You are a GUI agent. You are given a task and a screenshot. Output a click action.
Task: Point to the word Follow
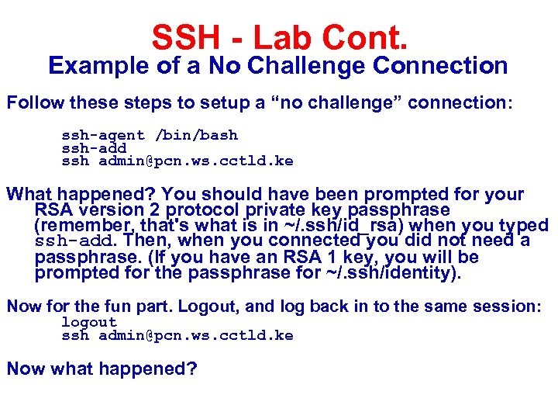click(35, 102)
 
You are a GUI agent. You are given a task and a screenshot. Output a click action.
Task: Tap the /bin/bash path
click(197, 136)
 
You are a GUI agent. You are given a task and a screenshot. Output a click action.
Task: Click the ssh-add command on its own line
click(94, 148)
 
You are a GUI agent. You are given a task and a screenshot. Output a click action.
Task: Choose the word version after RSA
click(105, 210)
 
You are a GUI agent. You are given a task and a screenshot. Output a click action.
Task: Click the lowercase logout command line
click(89, 322)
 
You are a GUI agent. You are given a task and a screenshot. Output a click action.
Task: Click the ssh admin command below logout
click(177, 335)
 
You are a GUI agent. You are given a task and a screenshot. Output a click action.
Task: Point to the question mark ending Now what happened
click(192, 368)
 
